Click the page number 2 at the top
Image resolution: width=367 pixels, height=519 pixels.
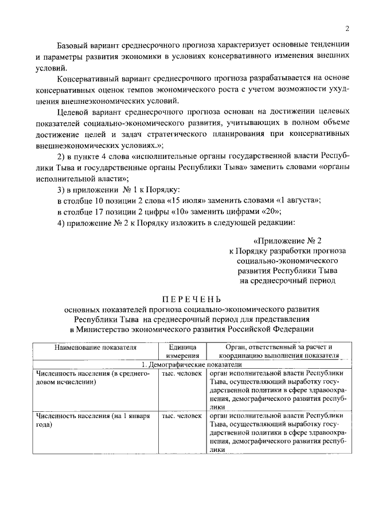click(x=347, y=29)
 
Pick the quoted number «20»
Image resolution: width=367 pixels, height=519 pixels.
click(x=289, y=212)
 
